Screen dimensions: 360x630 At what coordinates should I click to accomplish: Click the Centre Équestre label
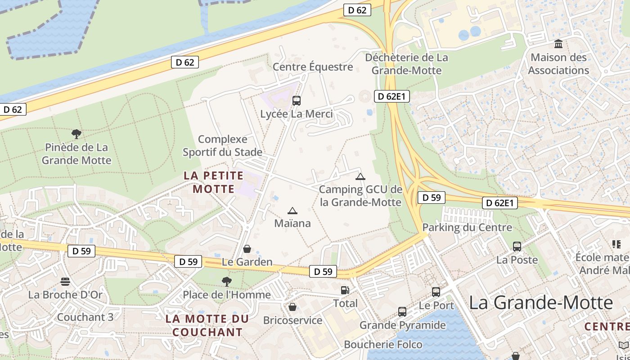(313, 67)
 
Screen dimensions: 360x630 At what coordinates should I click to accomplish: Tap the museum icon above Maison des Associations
(559, 44)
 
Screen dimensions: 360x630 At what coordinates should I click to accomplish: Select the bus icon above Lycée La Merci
(296, 101)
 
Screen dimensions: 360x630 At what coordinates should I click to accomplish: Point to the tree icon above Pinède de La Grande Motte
(76, 134)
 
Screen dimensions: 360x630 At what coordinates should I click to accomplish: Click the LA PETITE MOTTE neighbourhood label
(214, 182)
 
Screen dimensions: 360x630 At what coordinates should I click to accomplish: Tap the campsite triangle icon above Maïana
(292, 211)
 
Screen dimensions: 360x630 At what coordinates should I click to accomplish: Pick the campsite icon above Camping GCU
(360, 176)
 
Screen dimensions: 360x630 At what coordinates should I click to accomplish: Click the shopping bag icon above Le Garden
(247, 249)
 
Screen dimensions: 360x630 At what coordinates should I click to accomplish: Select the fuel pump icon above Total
(345, 290)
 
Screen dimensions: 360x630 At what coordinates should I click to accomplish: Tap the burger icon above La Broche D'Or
(65, 282)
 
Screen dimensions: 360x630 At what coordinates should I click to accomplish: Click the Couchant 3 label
(85, 317)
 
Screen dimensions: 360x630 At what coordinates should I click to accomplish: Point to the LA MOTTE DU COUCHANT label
(207, 325)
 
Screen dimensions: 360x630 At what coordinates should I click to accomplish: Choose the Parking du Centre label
(467, 227)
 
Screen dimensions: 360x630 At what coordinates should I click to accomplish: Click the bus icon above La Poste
(517, 247)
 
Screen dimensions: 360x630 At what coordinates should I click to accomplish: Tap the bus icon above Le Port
(436, 292)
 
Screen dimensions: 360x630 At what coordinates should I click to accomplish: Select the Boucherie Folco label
(383, 345)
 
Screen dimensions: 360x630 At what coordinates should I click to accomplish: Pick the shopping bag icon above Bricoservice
(292, 307)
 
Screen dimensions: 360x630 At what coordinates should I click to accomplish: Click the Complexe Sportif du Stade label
(222, 145)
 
